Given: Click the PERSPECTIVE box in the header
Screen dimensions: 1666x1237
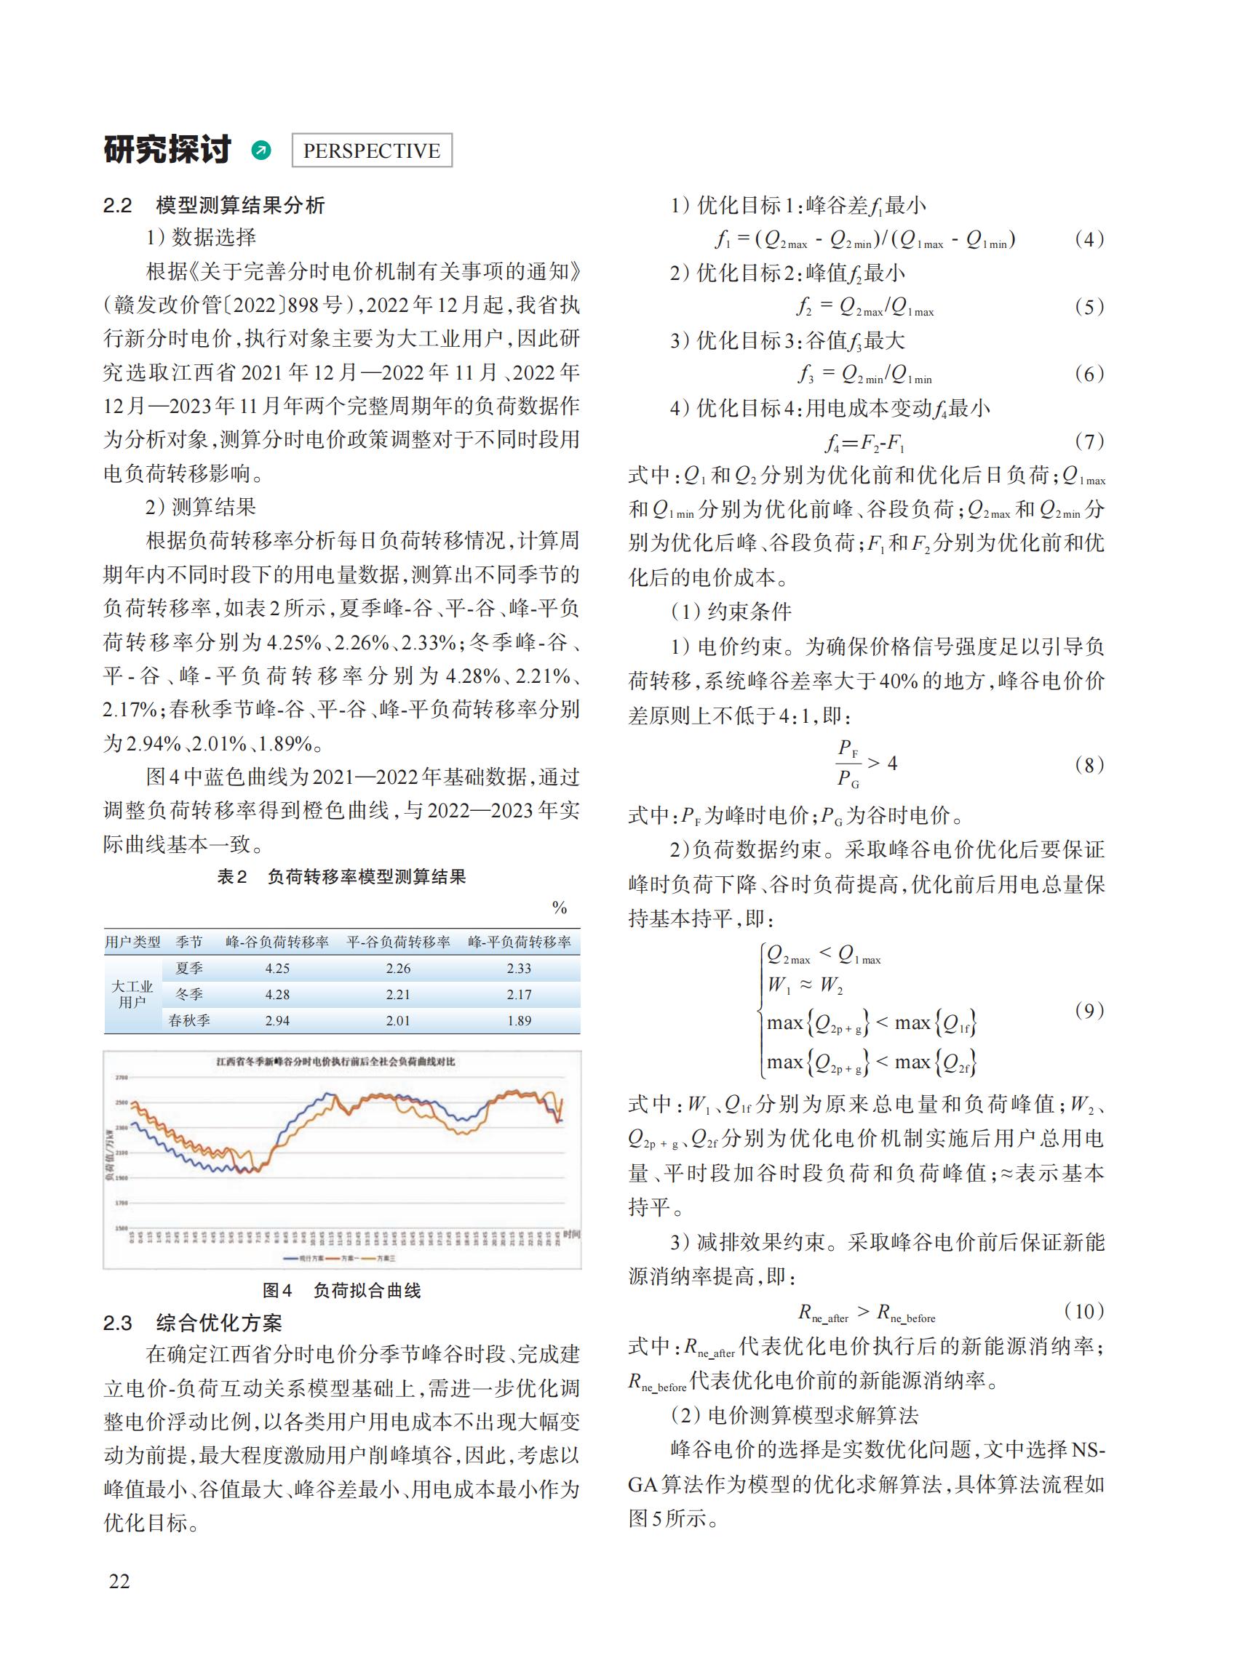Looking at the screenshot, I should [x=370, y=151].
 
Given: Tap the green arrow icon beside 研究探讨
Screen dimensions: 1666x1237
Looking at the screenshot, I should [x=260, y=151].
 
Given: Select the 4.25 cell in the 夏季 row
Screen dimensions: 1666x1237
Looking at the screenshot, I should [x=277, y=968].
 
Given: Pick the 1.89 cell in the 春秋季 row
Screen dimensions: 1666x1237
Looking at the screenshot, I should [x=519, y=1020].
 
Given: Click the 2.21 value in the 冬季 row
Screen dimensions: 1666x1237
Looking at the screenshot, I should [x=398, y=994].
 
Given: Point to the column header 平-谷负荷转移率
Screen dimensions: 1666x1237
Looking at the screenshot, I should [x=398, y=942].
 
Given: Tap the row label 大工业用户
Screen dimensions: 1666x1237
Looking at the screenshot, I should [x=132, y=994].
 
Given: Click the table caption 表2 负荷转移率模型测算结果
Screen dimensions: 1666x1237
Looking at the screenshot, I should [x=341, y=876].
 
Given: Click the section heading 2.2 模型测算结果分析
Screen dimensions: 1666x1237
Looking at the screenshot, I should [x=214, y=205].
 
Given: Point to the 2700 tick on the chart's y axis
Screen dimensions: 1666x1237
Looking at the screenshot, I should [x=122, y=1077].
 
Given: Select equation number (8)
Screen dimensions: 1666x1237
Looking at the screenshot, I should [x=1089, y=764].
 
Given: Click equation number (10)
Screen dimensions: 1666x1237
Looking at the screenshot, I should [x=1083, y=1310].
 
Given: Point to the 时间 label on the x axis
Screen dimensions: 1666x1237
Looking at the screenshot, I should [x=570, y=1233].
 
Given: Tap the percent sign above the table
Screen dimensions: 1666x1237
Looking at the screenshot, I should [x=560, y=908].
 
